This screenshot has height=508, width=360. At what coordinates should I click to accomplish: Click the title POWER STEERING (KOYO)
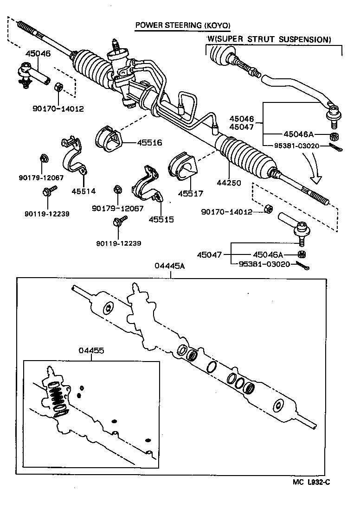pyautogui.click(x=182, y=25)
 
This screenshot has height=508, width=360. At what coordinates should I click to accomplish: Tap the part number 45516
pyautogui.click(x=149, y=143)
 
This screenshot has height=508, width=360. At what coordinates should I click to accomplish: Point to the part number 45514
pyautogui.click(x=83, y=190)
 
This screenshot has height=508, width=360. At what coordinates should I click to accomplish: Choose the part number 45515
pyautogui.click(x=161, y=219)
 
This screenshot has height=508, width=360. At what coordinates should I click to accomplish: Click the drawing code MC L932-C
pyautogui.click(x=311, y=482)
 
